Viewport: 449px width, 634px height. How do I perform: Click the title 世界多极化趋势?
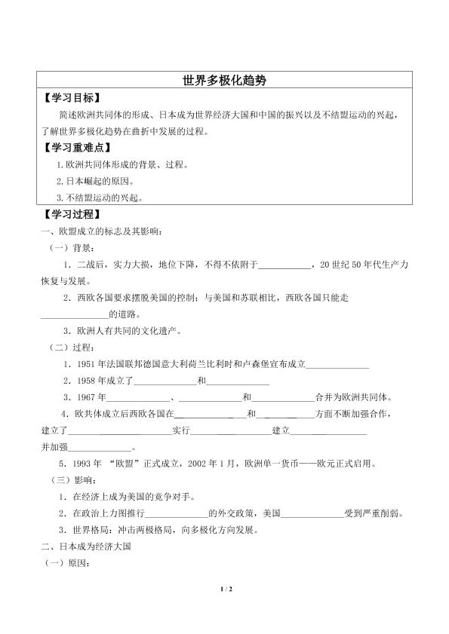224,79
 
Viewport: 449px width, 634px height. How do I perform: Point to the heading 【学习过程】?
72,215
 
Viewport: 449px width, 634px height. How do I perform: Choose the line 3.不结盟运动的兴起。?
99,199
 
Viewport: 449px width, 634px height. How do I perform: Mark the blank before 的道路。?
74,314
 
